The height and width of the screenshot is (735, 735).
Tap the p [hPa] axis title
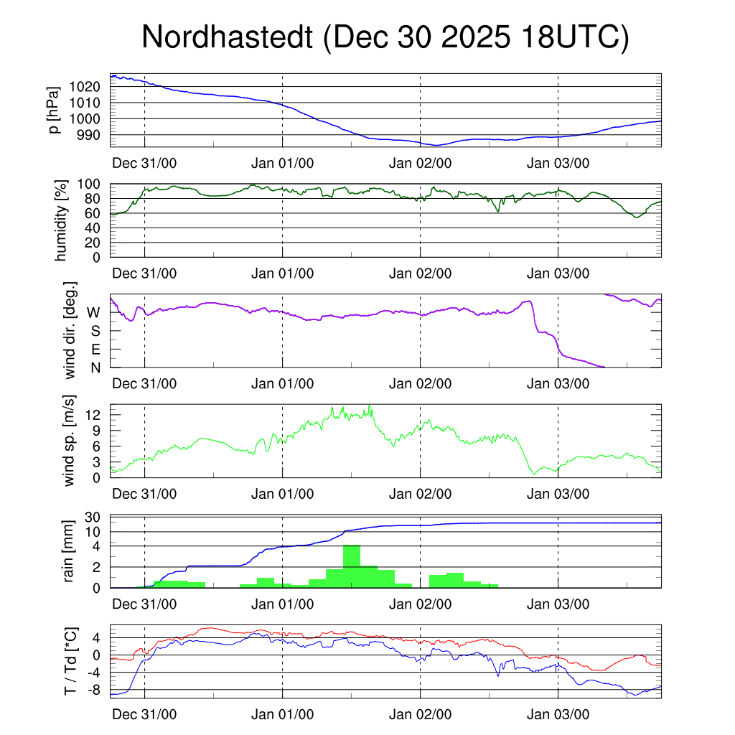click(x=54, y=110)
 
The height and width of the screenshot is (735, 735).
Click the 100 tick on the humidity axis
click(x=93, y=184)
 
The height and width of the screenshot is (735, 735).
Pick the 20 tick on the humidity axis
click(x=96, y=243)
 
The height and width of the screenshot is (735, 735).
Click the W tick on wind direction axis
click(x=94, y=313)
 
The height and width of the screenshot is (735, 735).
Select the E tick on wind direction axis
click(x=95, y=350)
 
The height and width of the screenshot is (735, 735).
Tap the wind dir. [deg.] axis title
click(x=70, y=332)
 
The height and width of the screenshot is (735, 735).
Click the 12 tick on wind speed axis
click(x=95, y=414)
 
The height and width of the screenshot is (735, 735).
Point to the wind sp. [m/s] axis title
click(x=70, y=441)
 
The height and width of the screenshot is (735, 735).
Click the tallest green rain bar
click(x=352, y=566)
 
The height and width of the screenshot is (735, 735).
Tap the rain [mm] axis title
click(x=70, y=552)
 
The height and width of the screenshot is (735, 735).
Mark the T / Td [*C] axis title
click(x=70, y=661)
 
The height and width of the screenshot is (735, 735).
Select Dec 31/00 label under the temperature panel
click(x=144, y=715)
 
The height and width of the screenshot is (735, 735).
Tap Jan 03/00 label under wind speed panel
click(x=558, y=494)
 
